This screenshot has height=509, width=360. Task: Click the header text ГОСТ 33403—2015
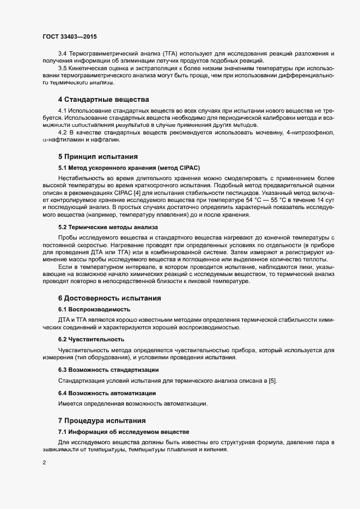[x=70, y=36]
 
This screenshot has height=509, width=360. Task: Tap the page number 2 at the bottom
[x=44, y=463]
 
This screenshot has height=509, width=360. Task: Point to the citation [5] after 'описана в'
[x=273, y=380]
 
